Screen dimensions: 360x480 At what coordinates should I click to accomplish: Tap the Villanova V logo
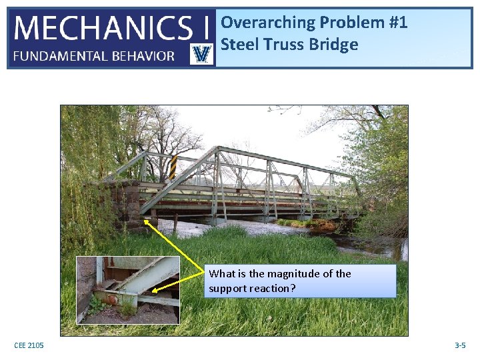pyautogui.click(x=201, y=54)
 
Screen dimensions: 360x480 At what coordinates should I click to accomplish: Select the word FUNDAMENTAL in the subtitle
pyautogui.click(x=55, y=56)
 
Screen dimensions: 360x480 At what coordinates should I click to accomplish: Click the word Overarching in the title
pyautogui.click(x=268, y=23)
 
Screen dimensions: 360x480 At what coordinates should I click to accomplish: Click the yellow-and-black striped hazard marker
pyautogui.click(x=172, y=167)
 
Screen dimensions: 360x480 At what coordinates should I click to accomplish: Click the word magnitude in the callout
pyautogui.click(x=281, y=274)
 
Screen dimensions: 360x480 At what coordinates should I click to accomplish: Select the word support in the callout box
pyautogui.click(x=227, y=288)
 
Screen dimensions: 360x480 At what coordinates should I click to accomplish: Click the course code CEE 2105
pyautogui.click(x=29, y=345)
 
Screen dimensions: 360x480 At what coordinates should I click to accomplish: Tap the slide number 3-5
pyautogui.click(x=459, y=345)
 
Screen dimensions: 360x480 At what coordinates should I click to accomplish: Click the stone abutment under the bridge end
pyautogui.click(x=127, y=203)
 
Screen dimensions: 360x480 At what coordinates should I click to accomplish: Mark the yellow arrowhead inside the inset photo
pyautogui.click(x=154, y=289)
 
